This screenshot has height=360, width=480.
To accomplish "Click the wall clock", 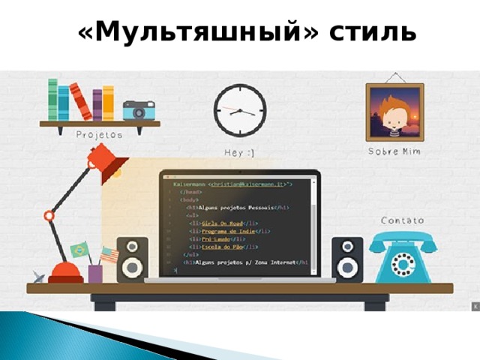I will (240, 110).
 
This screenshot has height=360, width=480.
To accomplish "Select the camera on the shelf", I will (139, 110).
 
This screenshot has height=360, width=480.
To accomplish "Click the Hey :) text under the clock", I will (240, 153).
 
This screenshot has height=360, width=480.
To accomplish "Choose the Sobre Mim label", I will (394, 151).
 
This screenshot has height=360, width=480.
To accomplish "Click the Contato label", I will (402, 220).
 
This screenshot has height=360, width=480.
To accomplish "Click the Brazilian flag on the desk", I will (79, 250).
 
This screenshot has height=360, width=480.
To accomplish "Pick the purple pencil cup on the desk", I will (95, 274).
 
